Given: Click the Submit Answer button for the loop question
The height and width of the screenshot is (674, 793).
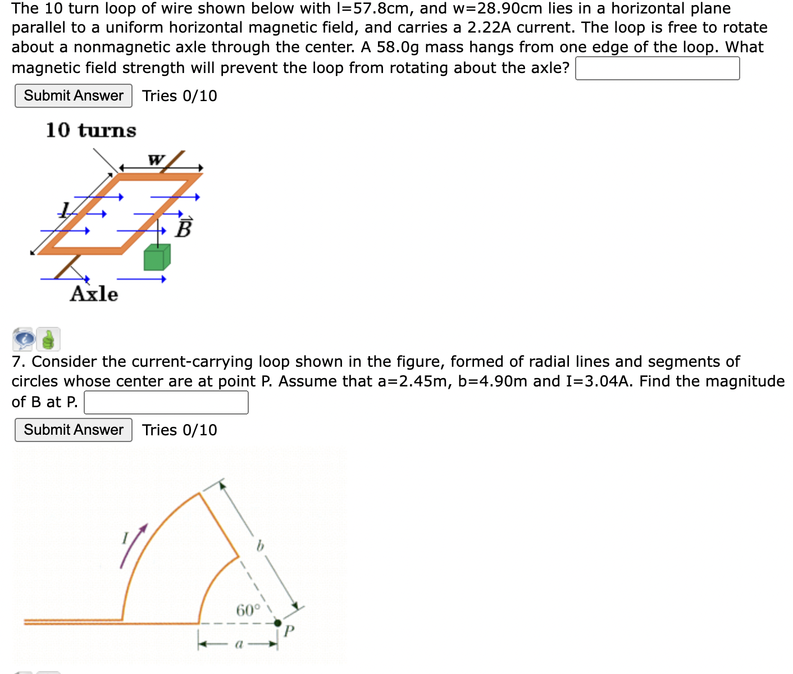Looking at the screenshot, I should (74, 96).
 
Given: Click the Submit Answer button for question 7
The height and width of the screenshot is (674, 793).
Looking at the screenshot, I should (74, 430).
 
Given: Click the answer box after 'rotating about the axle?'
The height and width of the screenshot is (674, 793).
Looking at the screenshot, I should (657, 68).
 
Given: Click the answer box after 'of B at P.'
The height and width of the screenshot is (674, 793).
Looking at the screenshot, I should (166, 402).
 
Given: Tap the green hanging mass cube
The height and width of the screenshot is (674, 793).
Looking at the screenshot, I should (157, 258).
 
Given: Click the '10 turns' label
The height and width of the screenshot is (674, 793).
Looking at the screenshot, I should (91, 130).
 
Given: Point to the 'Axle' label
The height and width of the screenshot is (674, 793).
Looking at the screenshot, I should (94, 294).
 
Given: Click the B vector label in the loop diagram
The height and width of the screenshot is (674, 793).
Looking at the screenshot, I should (184, 227).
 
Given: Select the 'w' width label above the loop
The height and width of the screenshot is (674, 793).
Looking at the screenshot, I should (156, 160).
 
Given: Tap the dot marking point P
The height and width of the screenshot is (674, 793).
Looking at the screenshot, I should (277, 623).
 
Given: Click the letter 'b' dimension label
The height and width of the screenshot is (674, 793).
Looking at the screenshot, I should (260, 545).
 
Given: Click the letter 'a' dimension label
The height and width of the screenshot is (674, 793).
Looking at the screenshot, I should (239, 644).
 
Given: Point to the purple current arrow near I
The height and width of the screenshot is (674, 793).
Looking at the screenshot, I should (133, 545).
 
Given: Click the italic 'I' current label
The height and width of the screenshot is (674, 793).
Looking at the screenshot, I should (125, 538).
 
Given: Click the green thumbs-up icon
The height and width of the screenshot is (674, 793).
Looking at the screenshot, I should (48, 339).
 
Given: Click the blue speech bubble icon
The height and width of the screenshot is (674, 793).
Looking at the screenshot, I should (24, 339).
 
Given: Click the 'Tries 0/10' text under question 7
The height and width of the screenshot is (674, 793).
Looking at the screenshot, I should (179, 430).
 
